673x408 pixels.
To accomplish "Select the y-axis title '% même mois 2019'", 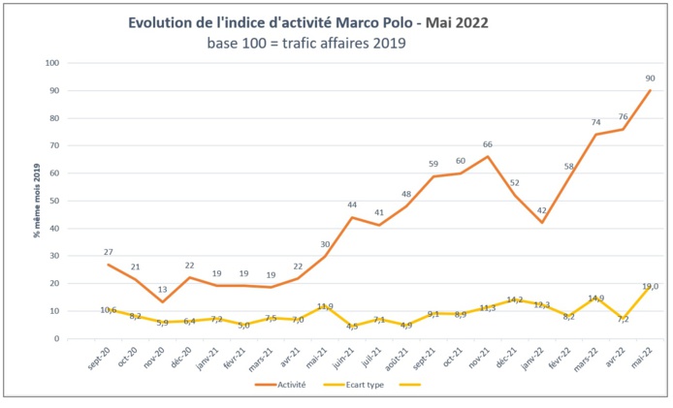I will (36, 202).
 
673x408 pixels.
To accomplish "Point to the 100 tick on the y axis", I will (52, 63).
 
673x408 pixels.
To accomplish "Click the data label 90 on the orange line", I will (649, 78).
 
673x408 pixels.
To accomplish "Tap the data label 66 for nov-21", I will (489, 144).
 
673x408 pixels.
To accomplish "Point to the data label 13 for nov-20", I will (161, 290).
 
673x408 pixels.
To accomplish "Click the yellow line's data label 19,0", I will (650, 286).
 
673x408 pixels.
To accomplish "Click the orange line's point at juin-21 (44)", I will (351, 217).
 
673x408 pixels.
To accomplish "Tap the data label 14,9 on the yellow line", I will (596, 298).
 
